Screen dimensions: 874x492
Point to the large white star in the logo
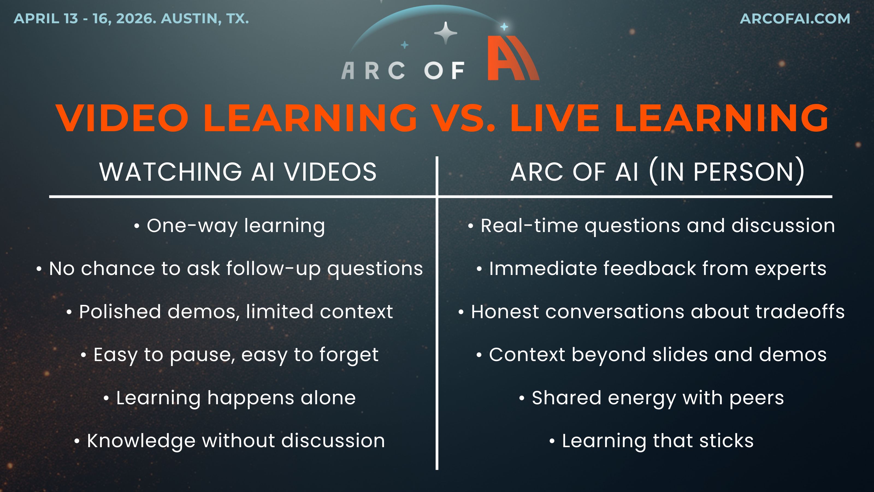[446, 33]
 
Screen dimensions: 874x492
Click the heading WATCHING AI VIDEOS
[238, 172]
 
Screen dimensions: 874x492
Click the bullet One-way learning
[230, 226]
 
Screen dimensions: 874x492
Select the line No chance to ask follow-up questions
[230, 269]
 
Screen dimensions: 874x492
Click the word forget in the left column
[349, 355]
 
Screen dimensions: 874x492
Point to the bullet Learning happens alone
[230, 398]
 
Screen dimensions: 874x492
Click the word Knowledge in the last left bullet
[141, 441]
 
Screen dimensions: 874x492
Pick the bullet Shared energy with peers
[651, 398]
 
